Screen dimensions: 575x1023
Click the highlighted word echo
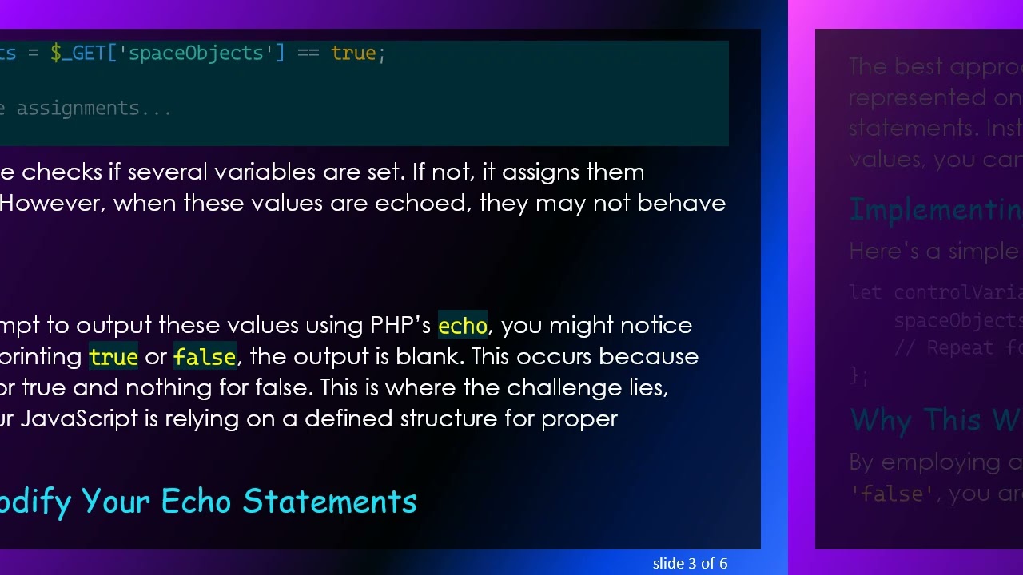462,326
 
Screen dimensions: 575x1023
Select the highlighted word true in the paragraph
113,357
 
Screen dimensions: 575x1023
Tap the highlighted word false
205,357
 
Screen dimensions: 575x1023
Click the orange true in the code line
352,54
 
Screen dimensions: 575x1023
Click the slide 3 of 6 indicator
690,564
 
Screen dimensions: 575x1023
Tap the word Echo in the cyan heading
198,502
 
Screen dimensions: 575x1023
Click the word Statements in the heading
330,502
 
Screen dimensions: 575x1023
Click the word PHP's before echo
400,326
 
